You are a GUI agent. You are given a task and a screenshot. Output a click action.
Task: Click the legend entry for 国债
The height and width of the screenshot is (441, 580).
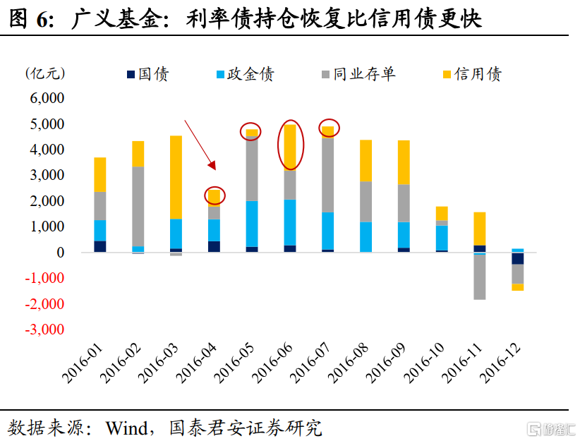147,74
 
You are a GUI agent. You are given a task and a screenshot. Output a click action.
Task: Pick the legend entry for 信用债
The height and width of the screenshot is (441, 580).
471,74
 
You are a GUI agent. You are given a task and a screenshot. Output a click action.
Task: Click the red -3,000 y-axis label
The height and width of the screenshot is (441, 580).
44,330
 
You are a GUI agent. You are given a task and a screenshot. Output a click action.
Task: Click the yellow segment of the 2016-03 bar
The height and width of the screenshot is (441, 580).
176,176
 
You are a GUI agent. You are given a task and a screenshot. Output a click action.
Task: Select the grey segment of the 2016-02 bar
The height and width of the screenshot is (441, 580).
138,206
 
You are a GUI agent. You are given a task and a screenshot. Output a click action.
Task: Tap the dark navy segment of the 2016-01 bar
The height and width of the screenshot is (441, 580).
100,246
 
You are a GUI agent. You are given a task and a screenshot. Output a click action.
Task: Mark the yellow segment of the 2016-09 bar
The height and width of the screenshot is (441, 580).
404,162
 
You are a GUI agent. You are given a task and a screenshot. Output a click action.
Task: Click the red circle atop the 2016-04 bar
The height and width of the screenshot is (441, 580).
215,195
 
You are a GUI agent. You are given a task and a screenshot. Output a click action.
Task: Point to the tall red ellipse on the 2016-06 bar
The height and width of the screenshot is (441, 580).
290,146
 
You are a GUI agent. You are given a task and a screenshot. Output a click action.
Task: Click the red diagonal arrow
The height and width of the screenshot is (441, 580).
200,145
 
